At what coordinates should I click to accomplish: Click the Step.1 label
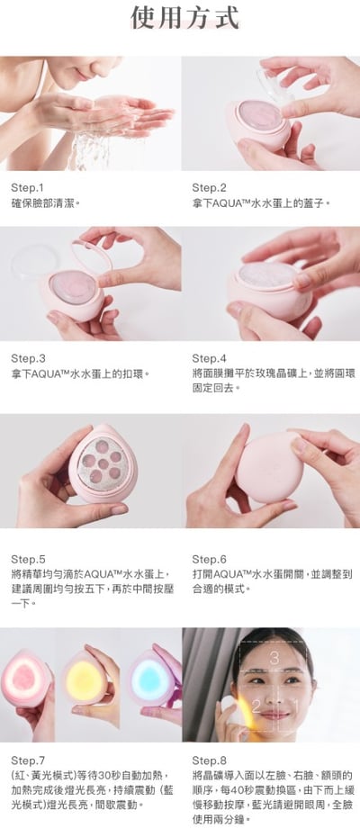[27, 188]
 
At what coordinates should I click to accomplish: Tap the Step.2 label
[209, 188]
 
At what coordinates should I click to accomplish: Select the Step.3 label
[27, 357]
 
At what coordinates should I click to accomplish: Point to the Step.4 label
[209, 357]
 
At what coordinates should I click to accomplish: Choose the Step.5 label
[27, 558]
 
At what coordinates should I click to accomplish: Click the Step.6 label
[209, 558]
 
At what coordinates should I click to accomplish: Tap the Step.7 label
[27, 759]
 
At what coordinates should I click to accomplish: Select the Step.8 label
[209, 759]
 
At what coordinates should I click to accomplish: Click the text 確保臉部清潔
[46, 203]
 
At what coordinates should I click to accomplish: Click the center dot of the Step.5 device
[102, 465]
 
